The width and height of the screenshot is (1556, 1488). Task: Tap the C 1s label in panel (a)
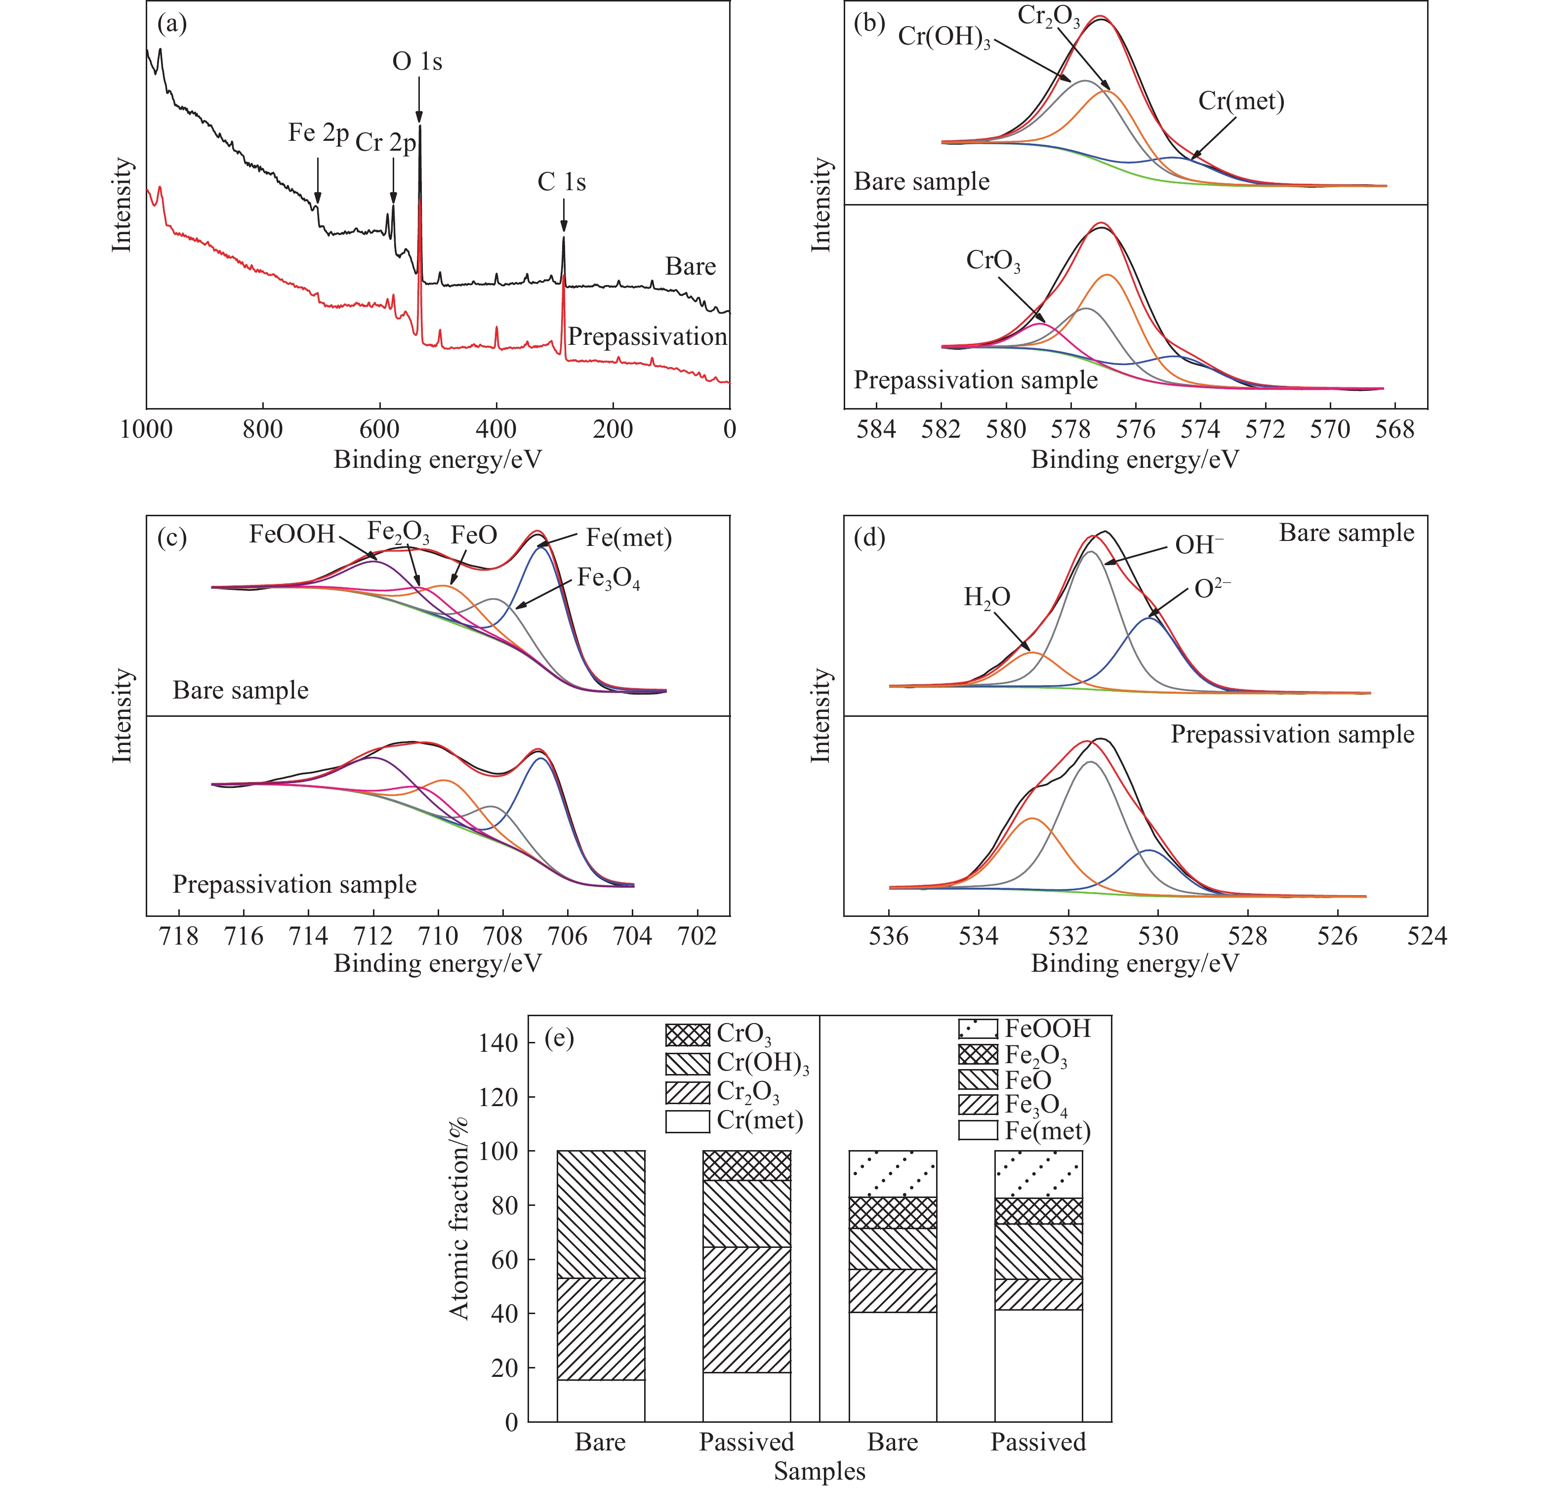(x=562, y=182)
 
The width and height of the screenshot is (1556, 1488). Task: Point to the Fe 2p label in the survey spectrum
(x=318, y=133)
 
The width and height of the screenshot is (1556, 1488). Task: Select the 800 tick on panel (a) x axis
(x=262, y=430)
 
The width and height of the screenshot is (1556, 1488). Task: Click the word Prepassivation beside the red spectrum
(x=647, y=337)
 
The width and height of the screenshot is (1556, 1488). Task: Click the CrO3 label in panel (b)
(x=993, y=260)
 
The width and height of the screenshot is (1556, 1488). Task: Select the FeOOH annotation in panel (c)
(x=292, y=534)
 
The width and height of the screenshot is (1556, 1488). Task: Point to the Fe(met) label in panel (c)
(x=629, y=538)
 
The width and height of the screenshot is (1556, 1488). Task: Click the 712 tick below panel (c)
(x=373, y=937)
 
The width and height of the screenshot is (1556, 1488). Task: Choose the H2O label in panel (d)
(x=986, y=597)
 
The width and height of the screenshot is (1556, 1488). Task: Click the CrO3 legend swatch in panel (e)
(x=688, y=1035)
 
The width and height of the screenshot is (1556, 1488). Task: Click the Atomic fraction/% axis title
(x=458, y=1218)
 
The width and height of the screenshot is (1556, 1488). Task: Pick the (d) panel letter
(x=869, y=538)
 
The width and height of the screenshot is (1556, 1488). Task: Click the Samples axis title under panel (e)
(x=819, y=1471)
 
